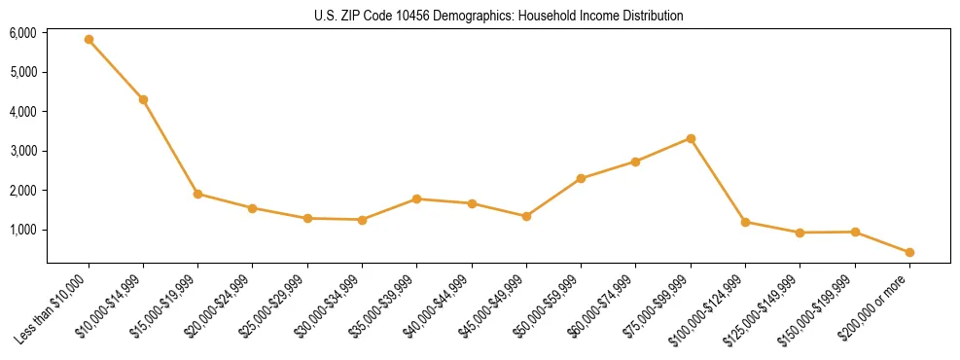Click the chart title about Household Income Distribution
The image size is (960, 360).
click(499, 16)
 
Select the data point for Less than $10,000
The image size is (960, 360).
click(89, 40)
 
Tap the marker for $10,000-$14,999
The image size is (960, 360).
click(143, 99)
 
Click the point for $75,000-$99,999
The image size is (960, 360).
click(691, 138)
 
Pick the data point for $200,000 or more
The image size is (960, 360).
click(909, 252)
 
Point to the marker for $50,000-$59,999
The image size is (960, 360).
click(581, 178)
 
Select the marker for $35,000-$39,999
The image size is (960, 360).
click(416, 198)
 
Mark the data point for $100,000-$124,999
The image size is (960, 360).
click(745, 222)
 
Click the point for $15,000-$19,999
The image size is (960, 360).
click(197, 194)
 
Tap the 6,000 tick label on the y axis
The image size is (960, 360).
click(23, 33)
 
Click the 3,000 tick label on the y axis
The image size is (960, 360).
click(23, 151)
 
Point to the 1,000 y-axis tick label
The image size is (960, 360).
click(23, 230)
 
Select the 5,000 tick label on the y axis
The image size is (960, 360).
click(23, 72)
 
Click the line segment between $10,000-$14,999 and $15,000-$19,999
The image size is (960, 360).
click(170, 147)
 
